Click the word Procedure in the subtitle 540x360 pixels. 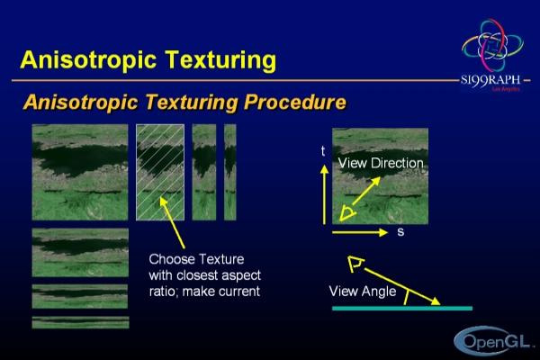pyautogui.click(x=295, y=103)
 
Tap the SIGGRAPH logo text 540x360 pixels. pyautogui.click(x=490, y=81)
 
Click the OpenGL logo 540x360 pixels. pyautogui.click(x=492, y=341)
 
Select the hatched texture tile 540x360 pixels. pyautogui.click(x=160, y=172)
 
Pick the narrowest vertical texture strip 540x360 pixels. pyautogui.click(x=230, y=172)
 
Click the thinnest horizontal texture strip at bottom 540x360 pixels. pyautogui.click(x=80, y=322)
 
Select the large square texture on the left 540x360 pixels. pyautogui.click(x=80, y=172)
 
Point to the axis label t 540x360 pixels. pyautogui.click(x=323, y=151)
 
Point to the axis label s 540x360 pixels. pyautogui.click(x=400, y=232)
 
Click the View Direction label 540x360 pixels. pyautogui.click(x=381, y=163)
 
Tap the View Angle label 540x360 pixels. pyautogui.click(x=363, y=292)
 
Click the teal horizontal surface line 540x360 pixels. pyautogui.click(x=402, y=309)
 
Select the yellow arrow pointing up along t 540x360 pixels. pyautogui.click(x=324, y=194)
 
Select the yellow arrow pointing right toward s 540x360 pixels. pyautogui.click(x=360, y=232)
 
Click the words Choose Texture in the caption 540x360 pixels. pyautogui.click(x=196, y=259)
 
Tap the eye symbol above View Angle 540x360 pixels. pyautogui.click(x=355, y=265)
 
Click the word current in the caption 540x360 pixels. pyautogui.click(x=238, y=292)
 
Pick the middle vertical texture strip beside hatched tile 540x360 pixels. pyautogui.click(x=204, y=172)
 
